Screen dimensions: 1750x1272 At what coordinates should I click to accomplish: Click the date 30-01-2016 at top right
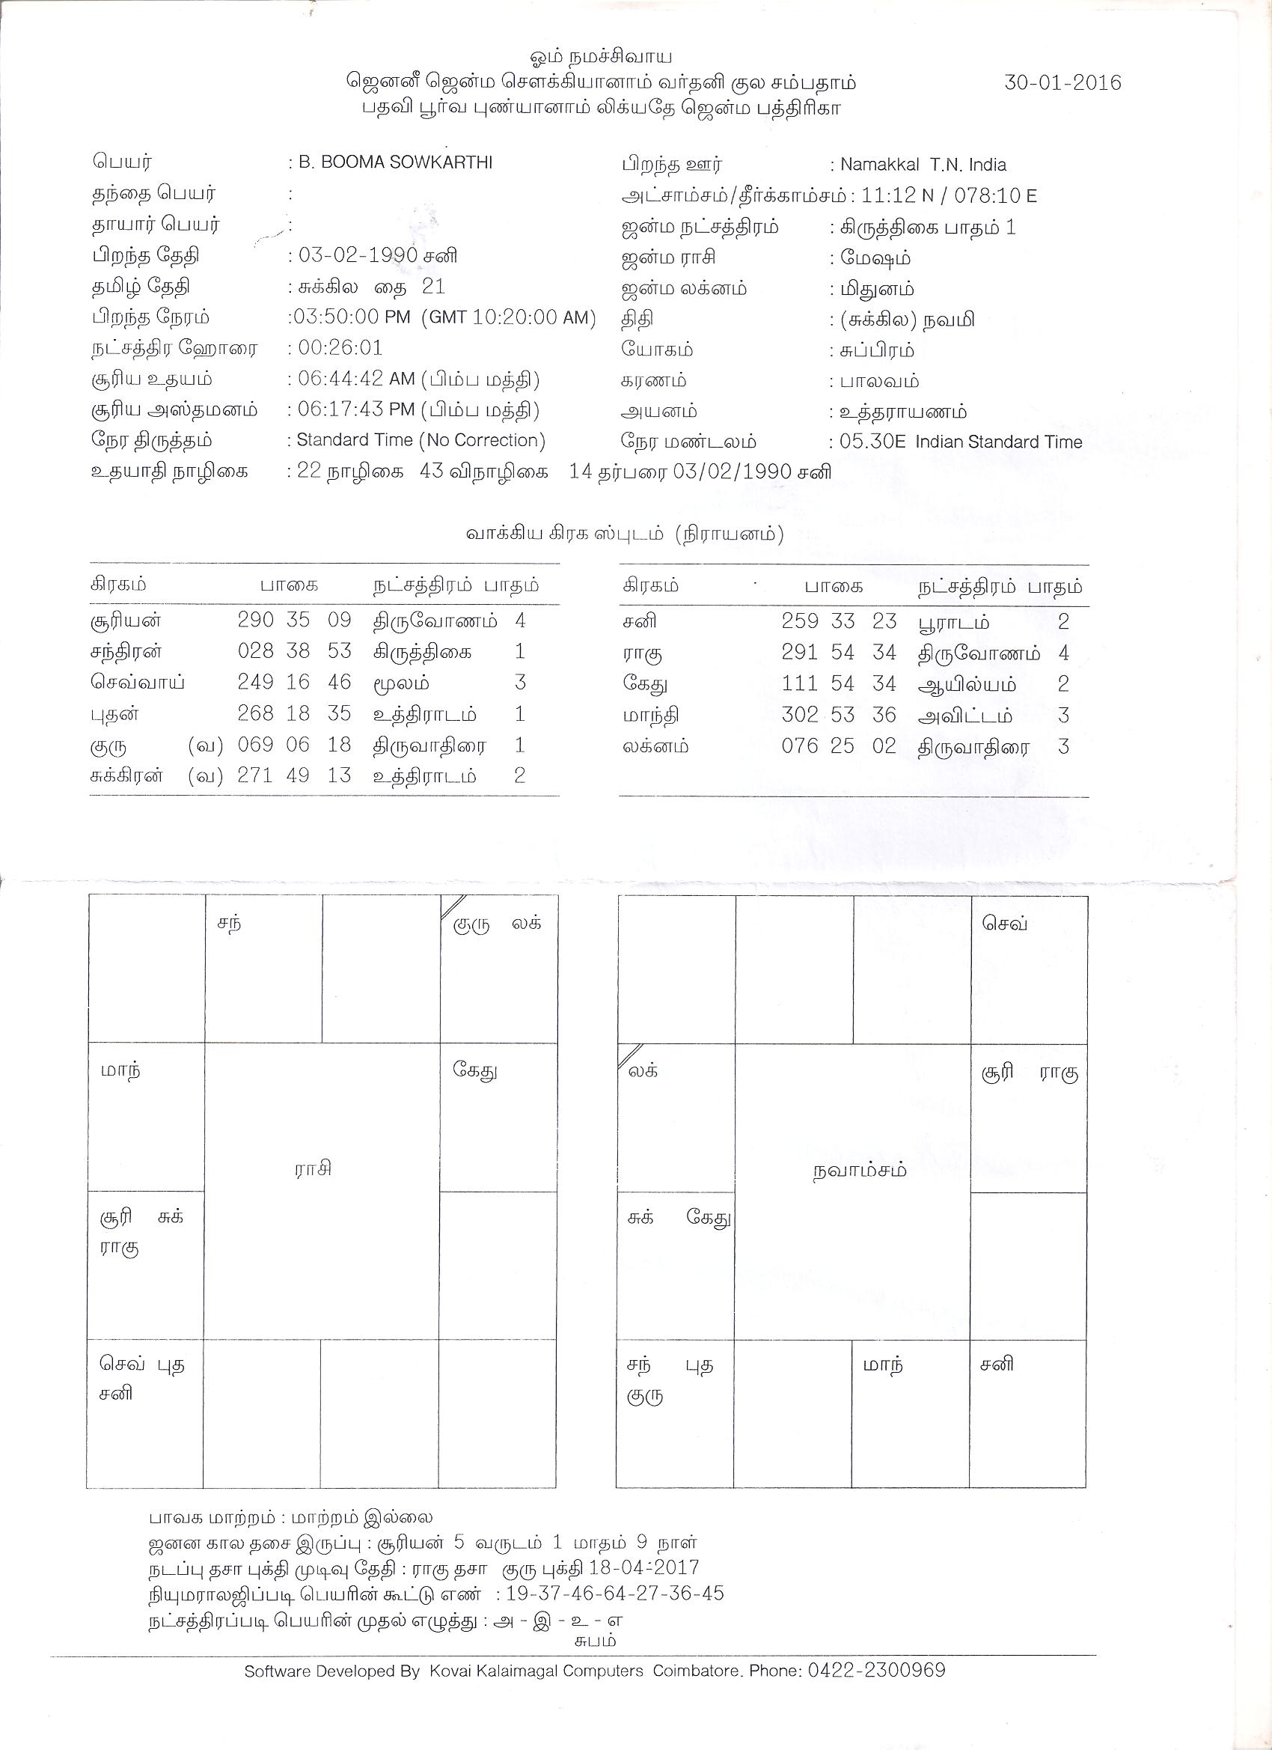[x=1062, y=82]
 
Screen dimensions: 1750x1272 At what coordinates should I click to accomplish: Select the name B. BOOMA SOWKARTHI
[x=395, y=163]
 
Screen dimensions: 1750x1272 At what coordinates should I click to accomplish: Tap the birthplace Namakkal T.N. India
[x=923, y=165]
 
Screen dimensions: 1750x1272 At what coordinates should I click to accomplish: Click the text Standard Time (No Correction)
[x=421, y=441]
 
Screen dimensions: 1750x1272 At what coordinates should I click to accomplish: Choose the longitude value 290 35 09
[x=294, y=621]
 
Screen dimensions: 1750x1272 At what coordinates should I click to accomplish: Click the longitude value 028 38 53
[x=294, y=651]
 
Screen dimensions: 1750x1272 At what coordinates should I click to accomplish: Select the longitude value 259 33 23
[x=839, y=622]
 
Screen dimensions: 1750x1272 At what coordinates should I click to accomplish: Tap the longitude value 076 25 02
[x=839, y=746]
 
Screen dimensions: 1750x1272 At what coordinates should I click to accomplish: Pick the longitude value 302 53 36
[x=839, y=716]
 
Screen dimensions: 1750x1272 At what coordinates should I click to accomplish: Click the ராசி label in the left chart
[x=314, y=1168]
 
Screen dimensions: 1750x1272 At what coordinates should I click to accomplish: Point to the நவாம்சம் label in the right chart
[x=859, y=1171]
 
